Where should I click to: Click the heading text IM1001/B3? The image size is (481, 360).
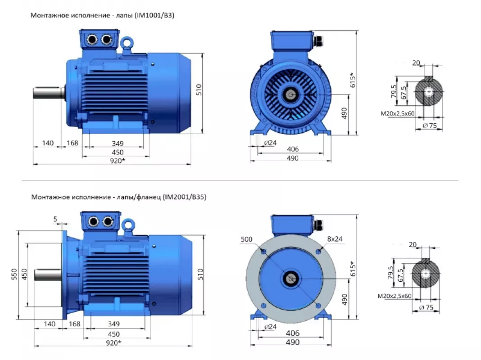pos(154,15)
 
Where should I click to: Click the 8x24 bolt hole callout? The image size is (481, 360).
pos(335,238)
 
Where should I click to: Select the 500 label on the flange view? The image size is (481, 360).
pos(246,239)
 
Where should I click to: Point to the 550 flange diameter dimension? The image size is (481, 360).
pos(14,275)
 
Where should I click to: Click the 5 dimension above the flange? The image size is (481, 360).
pos(55,219)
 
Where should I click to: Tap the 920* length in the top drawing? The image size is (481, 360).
pos(118,161)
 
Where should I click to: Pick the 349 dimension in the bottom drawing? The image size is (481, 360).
pos(113,324)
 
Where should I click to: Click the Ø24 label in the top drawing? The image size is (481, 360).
pos(270,143)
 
